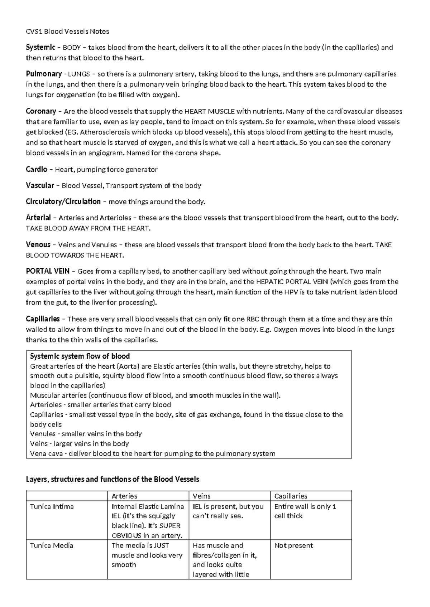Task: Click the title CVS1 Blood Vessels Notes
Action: (67, 31)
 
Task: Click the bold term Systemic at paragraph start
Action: (40, 47)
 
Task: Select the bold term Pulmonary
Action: (44, 74)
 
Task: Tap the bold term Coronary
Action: (41, 111)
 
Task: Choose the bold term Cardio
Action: (37, 169)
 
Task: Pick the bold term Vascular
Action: (40, 185)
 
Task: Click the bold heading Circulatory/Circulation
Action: (63, 201)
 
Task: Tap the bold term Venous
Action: (38, 245)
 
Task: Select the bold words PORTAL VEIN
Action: (48, 271)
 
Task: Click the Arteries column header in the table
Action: (124, 496)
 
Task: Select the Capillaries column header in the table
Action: (291, 496)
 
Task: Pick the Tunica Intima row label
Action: (52, 506)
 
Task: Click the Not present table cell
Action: (293, 545)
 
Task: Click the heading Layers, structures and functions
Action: (112, 479)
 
